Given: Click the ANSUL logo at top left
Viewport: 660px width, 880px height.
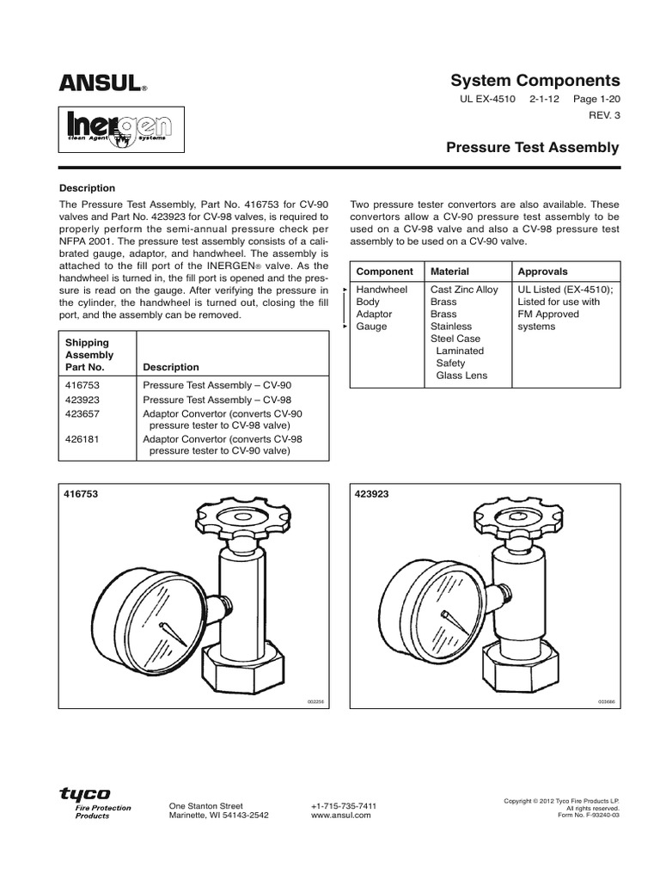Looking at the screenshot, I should pyautogui.click(x=101, y=82).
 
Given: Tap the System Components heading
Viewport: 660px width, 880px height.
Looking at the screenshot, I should pyautogui.click(x=535, y=80).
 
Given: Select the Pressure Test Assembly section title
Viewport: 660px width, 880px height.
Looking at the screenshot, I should pyautogui.click(x=532, y=148).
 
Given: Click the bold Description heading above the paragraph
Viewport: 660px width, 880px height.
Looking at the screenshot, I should pyautogui.click(x=87, y=188).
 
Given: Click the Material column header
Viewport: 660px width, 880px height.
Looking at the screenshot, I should pyautogui.click(x=449, y=271).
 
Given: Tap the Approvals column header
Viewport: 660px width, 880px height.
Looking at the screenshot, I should pyautogui.click(x=542, y=271).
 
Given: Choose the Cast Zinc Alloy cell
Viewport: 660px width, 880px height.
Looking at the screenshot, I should pyautogui.click(x=464, y=290).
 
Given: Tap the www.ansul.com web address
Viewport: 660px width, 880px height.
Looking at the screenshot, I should pyautogui.click(x=340, y=816).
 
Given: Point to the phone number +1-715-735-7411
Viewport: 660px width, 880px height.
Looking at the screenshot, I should pyautogui.click(x=343, y=805).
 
